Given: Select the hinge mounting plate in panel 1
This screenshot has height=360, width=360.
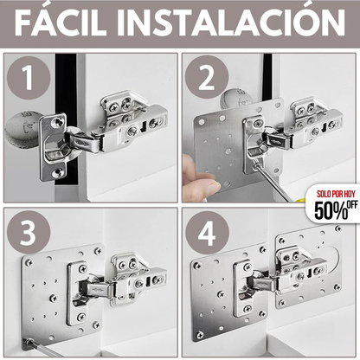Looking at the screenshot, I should (54, 145).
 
